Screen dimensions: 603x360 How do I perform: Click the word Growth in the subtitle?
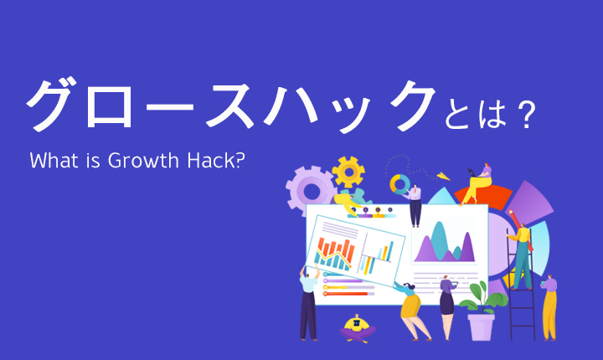143,161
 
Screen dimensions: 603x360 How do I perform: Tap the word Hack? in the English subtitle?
216,160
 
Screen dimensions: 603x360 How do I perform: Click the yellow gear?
348,172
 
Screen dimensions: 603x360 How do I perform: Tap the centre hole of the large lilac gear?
311,191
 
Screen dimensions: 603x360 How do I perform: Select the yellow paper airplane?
443,176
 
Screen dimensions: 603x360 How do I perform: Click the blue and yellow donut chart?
400,184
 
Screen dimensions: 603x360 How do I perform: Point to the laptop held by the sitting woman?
472,172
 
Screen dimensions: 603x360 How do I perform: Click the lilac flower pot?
481,327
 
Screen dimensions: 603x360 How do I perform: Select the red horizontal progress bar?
346,294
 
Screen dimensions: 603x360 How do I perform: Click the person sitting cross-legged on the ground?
357,328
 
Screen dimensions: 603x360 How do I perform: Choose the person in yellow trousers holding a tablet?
549,308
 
